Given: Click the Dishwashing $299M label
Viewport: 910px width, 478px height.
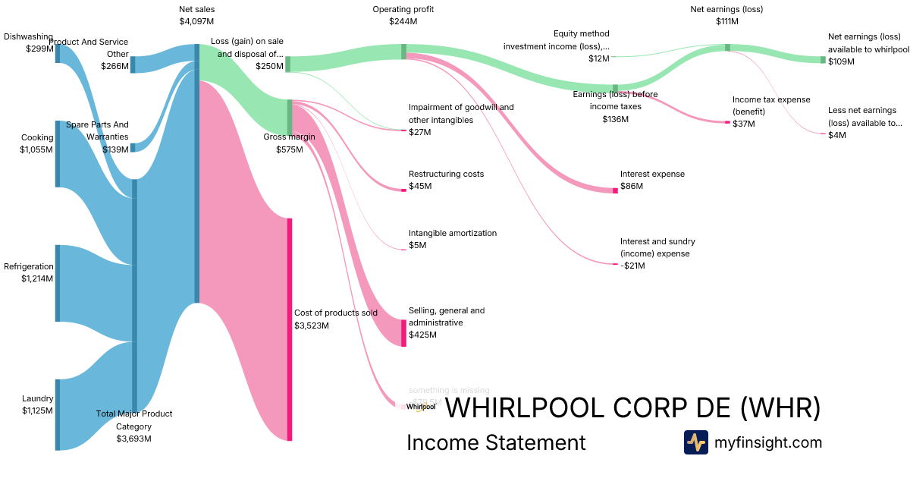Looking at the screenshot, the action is click(x=29, y=42).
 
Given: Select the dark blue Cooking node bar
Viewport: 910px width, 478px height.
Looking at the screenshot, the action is click(x=57, y=153).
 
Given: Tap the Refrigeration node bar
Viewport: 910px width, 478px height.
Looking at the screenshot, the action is click(x=57, y=283).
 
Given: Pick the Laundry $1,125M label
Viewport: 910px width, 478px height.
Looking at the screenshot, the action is click(x=37, y=404).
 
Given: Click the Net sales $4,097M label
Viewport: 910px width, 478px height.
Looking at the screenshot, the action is click(x=196, y=15).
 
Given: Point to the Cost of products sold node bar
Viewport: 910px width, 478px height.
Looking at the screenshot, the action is click(x=289, y=329).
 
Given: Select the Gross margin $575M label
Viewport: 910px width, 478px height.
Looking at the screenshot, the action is click(x=289, y=143).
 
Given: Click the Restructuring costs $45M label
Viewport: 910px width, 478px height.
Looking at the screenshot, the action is click(x=446, y=180).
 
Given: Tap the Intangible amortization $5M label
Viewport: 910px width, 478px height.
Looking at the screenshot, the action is click(x=452, y=239).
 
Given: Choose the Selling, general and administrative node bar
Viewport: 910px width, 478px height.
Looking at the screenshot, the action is click(x=403, y=332).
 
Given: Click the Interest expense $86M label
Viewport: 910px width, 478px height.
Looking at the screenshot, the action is click(x=652, y=180).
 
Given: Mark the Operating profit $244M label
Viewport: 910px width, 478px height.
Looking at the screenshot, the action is click(x=403, y=15).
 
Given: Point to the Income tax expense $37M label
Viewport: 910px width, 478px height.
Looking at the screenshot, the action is click(x=770, y=111).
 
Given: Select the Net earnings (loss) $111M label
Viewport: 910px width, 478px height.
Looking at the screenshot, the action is click(x=726, y=15).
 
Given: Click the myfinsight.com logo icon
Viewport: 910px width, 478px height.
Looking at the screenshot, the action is click(x=695, y=442).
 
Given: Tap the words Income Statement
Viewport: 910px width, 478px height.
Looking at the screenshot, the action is click(x=496, y=442).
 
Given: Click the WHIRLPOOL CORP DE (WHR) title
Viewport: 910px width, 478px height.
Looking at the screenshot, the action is click(x=632, y=408).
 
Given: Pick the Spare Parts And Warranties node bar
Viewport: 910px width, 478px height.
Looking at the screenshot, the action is click(x=133, y=147).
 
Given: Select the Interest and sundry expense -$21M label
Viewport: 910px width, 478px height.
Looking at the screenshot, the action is click(x=657, y=253).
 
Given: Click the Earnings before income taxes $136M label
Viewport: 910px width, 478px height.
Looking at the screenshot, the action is click(x=615, y=106).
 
